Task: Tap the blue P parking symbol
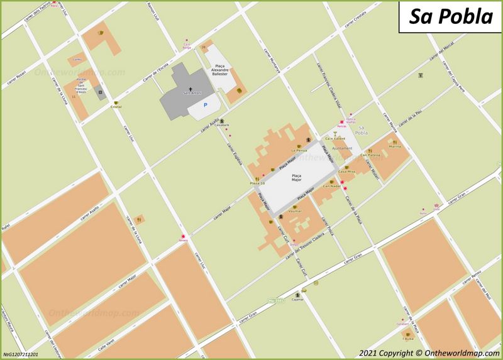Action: coord(203,107)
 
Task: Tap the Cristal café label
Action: coord(116,107)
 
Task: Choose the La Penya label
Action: coord(299,151)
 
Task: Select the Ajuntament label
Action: coord(342,148)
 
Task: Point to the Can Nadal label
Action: coord(331,187)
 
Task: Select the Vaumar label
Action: coord(295,211)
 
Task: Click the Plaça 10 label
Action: coord(258,183)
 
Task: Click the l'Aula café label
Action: coord(409,337)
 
